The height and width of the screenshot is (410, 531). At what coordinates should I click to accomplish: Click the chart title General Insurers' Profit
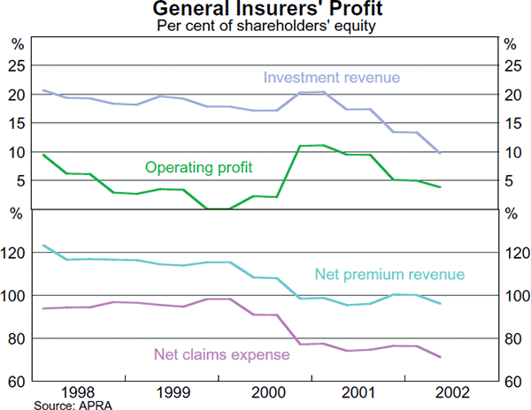pyautogui.click(x=265, y=10)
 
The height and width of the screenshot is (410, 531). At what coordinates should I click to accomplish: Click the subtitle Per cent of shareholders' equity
pyautogui.click(x=265, y=26)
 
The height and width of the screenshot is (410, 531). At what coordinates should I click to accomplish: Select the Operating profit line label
pyautogui.click(x=199, y=166)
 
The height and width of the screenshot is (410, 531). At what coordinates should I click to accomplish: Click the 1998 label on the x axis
pyautogui.click(x=79, y=392)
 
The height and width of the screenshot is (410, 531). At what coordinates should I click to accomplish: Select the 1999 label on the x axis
pyautogui.click(x=172, y=392)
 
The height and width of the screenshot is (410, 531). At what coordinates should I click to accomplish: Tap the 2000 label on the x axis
pyautogui.click(x=265, y=392)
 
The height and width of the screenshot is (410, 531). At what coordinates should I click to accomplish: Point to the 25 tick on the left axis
pyautogui.click(x=17, y=65)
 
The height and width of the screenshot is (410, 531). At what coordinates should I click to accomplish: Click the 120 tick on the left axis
pyautogui.click(x=14, y=253)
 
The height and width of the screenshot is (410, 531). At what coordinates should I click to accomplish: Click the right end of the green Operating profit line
pyautogui.click(x=441, y=187)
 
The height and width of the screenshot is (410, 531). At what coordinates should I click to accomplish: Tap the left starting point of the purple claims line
pyautogui.click(x=43, y=308)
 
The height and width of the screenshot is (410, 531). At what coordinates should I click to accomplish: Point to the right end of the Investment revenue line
pyautogui.click(x=441, y=154)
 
